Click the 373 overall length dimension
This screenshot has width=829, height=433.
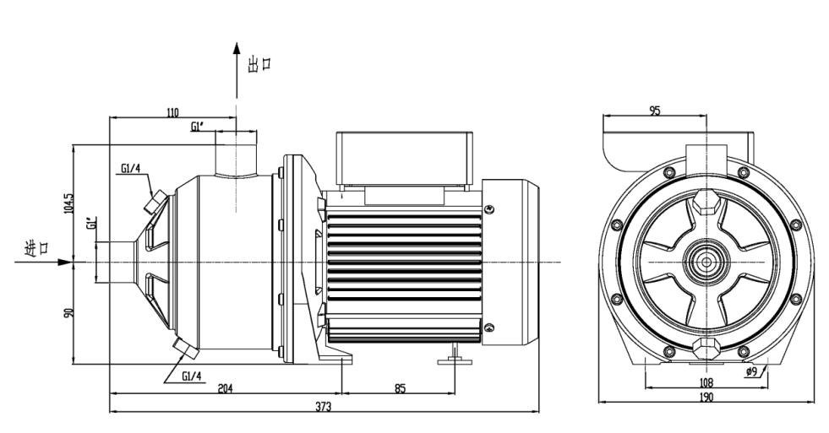324,407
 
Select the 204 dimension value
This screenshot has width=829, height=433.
226,388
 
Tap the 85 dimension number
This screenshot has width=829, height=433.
401,388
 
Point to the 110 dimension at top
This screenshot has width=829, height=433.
172,112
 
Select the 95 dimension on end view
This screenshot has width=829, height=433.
655,111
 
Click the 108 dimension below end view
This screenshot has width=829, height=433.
706,382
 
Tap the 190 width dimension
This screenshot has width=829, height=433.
706,397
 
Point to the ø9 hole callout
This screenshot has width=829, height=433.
752,371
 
